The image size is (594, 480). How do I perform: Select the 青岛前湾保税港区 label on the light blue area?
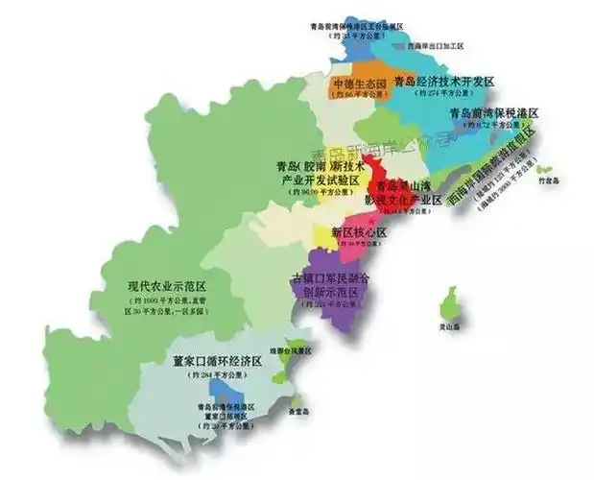pyautogui.click(x=493, y=113)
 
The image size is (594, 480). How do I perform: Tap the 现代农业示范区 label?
pyautogui.click(x=174, y=286)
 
